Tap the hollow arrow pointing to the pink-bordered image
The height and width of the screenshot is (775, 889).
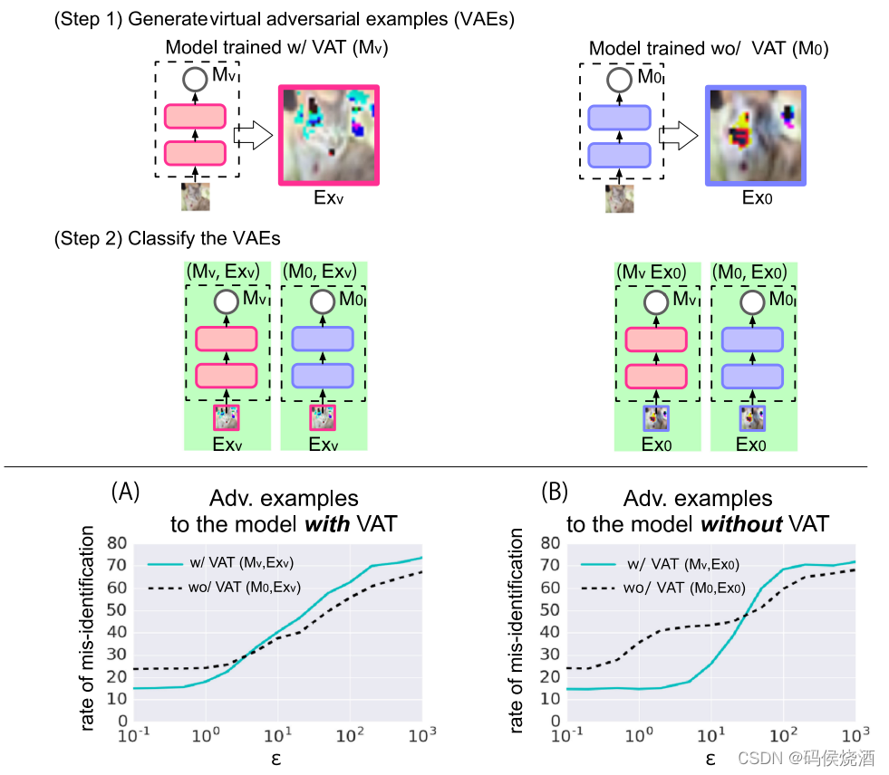[253, 136]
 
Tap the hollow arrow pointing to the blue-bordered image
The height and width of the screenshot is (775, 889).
[679, 136]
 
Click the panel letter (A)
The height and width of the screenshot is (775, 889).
[125, 492]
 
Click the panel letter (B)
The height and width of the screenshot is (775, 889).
[555, 492]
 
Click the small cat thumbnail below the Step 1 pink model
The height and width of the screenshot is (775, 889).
[196, 197]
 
